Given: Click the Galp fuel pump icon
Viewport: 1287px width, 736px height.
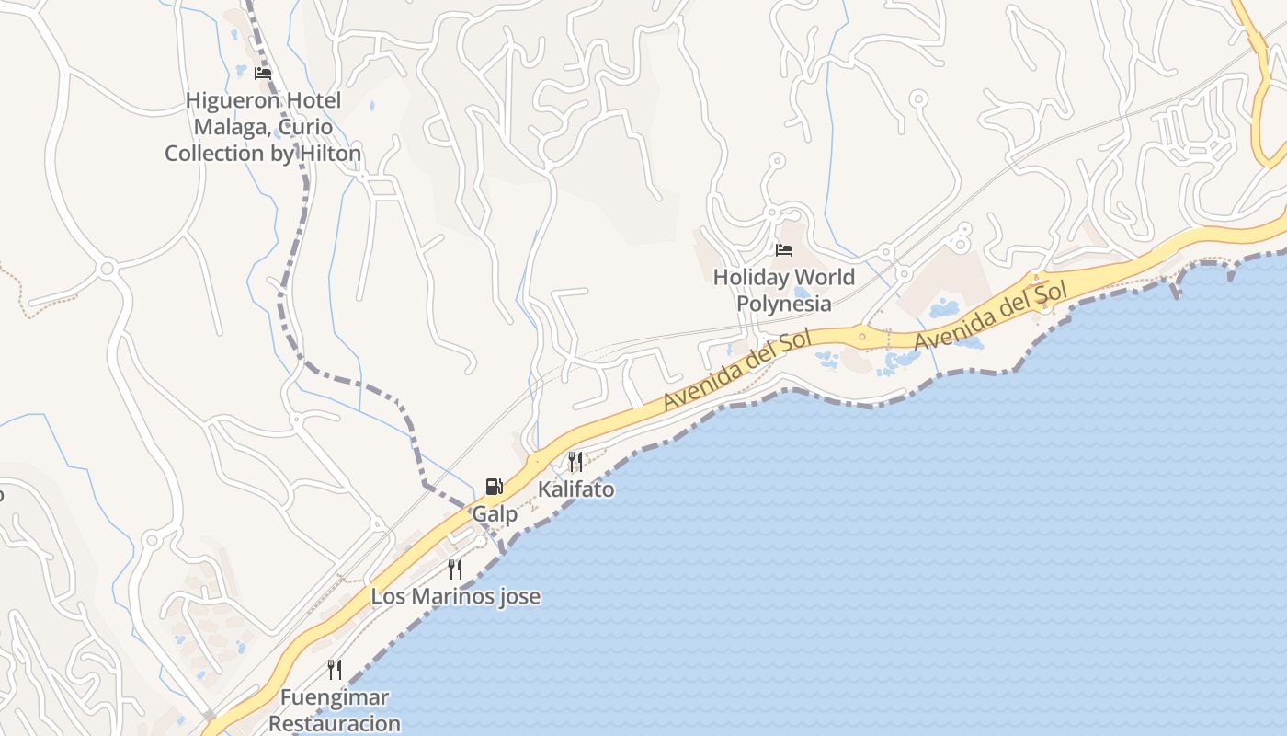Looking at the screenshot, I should tap(494, 487).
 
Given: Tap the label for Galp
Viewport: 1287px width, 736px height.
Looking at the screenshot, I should tap(495, 514).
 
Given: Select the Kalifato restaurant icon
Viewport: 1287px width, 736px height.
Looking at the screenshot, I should tap(575, 461).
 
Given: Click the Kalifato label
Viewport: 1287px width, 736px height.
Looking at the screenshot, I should tap(576, 489).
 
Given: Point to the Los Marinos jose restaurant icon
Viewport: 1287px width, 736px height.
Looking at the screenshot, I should tap(455, 569).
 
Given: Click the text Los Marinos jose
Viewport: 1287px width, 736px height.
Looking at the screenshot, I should tap(455, 596).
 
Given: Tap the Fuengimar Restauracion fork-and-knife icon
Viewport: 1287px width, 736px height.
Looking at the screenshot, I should tap(335, 670).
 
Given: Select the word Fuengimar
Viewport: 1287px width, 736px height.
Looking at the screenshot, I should tap(335, 697).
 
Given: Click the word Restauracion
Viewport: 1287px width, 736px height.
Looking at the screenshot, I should tap(335, 723).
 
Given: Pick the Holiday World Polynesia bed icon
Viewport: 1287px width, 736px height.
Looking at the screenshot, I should tap(784, 250).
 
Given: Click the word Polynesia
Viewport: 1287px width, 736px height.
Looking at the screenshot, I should tap(784, 304).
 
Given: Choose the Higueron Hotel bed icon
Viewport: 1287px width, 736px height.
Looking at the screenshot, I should tap(263, 74).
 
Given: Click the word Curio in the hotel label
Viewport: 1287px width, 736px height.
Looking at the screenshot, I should tap(308, 127).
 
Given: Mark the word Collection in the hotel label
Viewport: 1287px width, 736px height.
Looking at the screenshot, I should tap(214, 154).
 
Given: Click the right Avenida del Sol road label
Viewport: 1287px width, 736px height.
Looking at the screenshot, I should tap(993, 316).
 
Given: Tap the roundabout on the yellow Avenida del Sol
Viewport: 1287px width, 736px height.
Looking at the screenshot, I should tap(862, 337).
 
